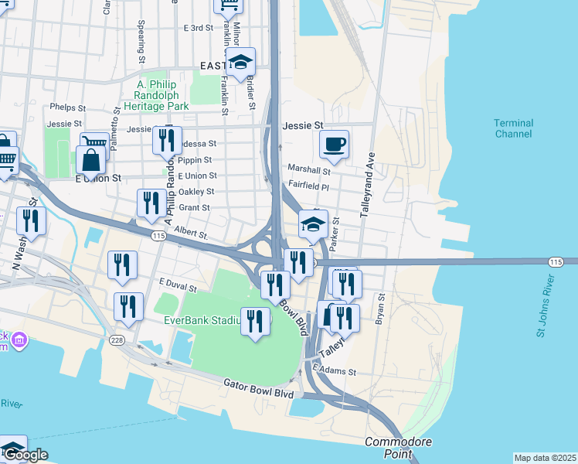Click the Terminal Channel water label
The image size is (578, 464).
coord(513,128)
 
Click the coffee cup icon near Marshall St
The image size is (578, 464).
coord(334,144)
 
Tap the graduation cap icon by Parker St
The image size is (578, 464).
coord(313,224)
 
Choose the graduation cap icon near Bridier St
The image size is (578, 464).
coord(241,62)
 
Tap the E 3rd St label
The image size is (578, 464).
coord(198,28)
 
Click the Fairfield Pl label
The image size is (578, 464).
coord(308,186)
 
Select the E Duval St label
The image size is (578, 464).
coord(177,285)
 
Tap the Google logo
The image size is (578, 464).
coord(25,455)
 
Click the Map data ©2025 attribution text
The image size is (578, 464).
coord(544,458)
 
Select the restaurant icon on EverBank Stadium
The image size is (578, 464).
coord(256,321)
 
